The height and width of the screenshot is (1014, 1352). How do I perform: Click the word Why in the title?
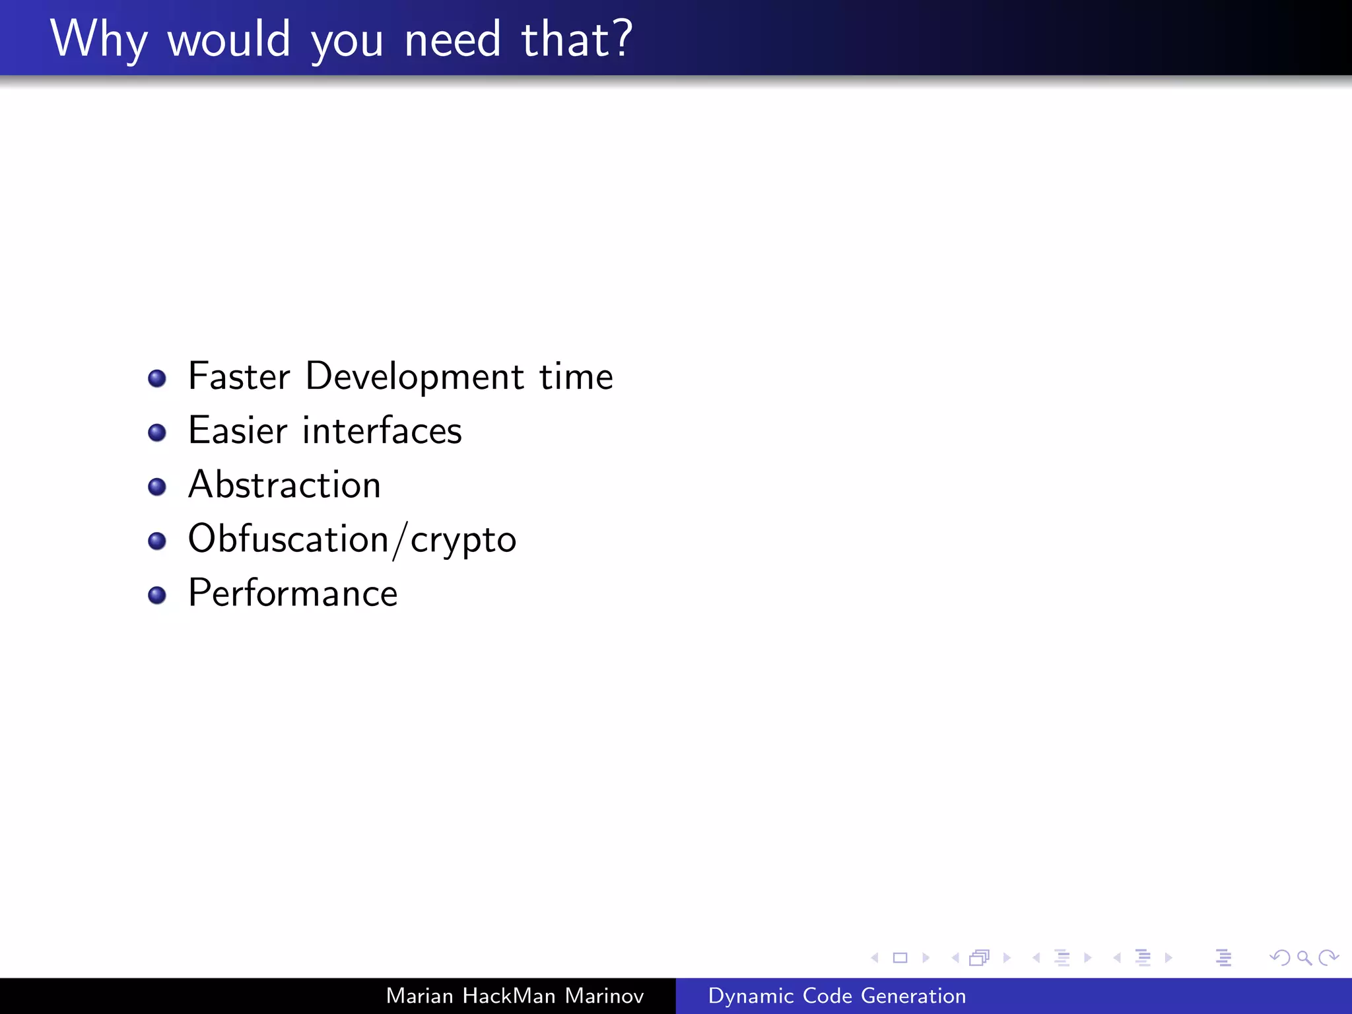(99, 40)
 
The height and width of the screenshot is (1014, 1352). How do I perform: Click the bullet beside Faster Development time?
(157, 378)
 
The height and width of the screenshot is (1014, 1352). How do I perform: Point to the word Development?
(415, 378)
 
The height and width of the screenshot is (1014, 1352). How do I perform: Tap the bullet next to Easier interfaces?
(157, 432)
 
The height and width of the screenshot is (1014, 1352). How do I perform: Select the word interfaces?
(382, 430)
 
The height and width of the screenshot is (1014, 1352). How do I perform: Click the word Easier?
(238, 430)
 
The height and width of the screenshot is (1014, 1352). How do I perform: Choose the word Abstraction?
(285, 485)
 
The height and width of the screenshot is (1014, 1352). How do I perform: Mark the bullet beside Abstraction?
(157, 487)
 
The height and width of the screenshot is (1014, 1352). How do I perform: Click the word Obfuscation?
(288, 539)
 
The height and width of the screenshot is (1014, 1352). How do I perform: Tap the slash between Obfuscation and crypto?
(399, 540)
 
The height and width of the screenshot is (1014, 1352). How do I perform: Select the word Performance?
(293, 593)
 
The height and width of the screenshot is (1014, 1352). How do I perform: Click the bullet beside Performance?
(157, 595)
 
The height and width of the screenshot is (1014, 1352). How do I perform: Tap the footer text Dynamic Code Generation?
(836, 996)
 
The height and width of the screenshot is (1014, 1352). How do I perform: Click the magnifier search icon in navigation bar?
(1304, 957)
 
